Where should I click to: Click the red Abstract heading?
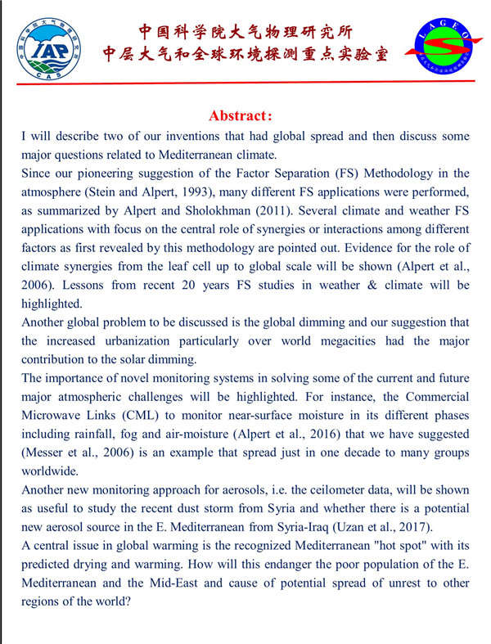click(x=245, y=116)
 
